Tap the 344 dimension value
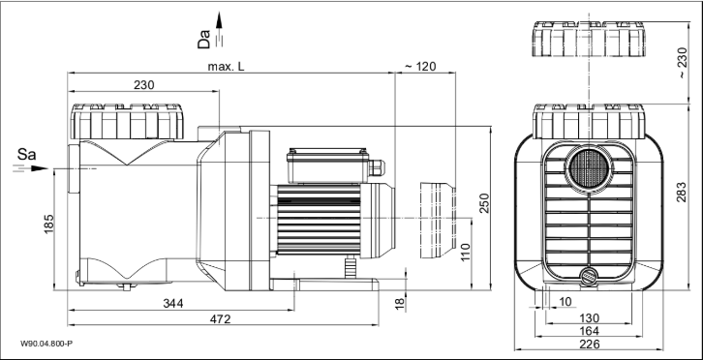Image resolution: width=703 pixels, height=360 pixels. pyautogui.click(x=171, y=304)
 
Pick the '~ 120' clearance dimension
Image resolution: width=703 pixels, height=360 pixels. pyautogui.click(x=420, y=66)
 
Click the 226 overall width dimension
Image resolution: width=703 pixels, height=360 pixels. pyautogui.click(x=589, y=344)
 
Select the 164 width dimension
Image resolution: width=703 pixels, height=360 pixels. pyautogui.click(x=589, y=330)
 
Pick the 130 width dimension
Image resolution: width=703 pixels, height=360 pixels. pyautogui.click(x=589, y=316)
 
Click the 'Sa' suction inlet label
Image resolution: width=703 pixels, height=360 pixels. pyautogui.click(x=28, y=153)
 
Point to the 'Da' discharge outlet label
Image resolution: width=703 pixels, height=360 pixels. pyautogui.click(x=204, y=40)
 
